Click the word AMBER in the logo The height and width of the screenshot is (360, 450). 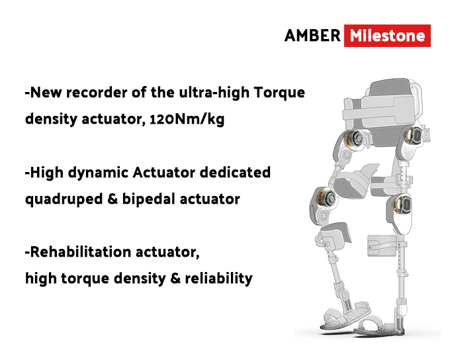coord(312,36)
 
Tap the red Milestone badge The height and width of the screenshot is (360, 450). coord(387,36)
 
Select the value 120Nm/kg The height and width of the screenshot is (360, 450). coord(187,119)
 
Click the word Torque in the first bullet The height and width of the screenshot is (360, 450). coord(279,93)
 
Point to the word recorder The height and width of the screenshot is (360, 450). coord(97,93)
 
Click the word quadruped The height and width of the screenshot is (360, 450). coord(64,199)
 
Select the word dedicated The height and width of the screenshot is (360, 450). coord(235,172)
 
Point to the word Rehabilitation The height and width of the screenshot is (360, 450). coord(80,251)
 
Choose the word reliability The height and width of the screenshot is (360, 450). coord(218,278)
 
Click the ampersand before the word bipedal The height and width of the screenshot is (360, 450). coord(112,199)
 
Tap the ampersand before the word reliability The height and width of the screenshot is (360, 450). coord(175,278)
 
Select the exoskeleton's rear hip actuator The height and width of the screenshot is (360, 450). coord(413,136)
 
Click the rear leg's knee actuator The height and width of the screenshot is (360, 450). coord(402,204)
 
